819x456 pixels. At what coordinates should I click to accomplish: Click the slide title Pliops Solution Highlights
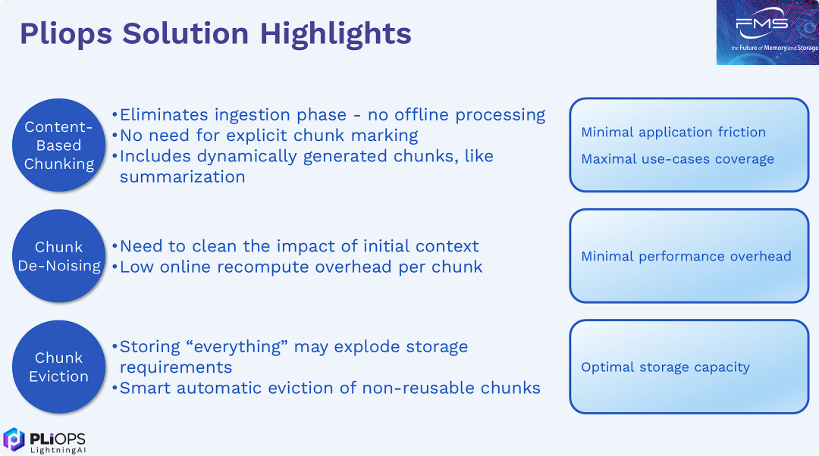coord(215,34)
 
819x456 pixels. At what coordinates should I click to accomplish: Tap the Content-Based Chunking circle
coord(58,145)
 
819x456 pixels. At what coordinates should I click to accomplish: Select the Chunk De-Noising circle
coord(58,256)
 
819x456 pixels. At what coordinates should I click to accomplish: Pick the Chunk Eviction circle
coord(58,367)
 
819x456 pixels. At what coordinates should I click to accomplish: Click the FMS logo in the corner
coord(767,33)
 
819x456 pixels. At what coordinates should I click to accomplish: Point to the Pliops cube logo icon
coord(14,439)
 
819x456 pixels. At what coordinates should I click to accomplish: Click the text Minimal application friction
coord(673,132)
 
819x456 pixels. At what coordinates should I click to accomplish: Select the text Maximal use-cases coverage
coord(677,159)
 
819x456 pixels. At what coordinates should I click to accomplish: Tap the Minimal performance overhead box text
coord(686,256)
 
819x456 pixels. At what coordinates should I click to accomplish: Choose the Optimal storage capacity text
coord(666,367)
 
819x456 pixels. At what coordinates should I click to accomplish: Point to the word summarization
coord(182,176)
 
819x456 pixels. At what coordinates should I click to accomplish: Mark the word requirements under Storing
coord(176,367)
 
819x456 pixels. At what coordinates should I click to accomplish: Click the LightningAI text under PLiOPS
coord(58,450)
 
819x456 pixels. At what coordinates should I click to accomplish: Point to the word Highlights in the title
coord(335,34)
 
